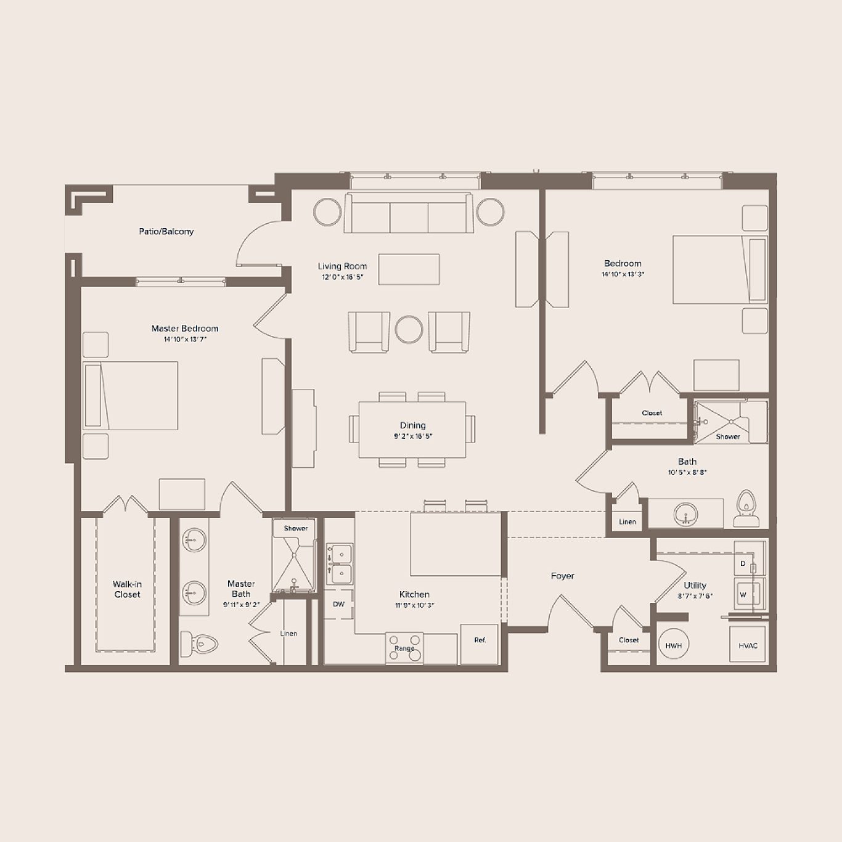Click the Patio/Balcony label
[x=166, y=232]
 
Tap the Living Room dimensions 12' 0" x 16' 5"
[x=343, y=277]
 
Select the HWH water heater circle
[x=673, y=645]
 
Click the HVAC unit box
[x=748, y=645]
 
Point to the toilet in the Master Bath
[x=199, y=644]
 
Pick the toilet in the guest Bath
[x=746, y=509]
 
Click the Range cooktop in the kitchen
[x=404, y=648]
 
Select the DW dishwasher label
[x=338, y=604]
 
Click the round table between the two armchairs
[x=409, y=330]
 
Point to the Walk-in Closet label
[x=127, y=589]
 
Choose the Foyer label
[x=562, y=576]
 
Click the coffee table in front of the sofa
[x=409, y=269]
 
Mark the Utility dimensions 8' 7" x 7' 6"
[x=695, y=596]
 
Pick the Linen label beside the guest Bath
[x=627, y=521]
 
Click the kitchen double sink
[x=339, y=564]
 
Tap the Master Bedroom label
[x=185, y=329]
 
